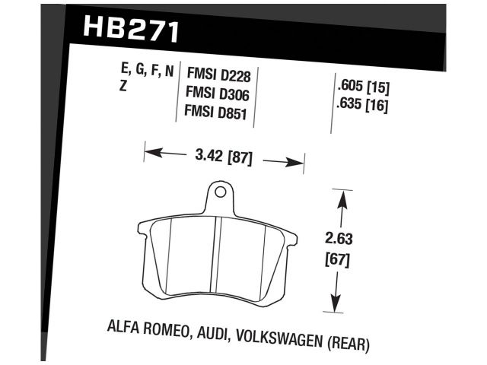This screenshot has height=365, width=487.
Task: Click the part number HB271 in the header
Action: coord(129,31)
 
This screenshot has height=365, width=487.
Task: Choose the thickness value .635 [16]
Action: coord(361,106)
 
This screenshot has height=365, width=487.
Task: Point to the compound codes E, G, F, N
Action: coord(147,72)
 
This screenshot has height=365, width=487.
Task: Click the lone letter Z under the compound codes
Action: coord(123,89)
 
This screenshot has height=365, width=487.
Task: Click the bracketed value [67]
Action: coord(342,259)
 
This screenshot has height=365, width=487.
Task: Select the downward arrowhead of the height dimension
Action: coord(336,302)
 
